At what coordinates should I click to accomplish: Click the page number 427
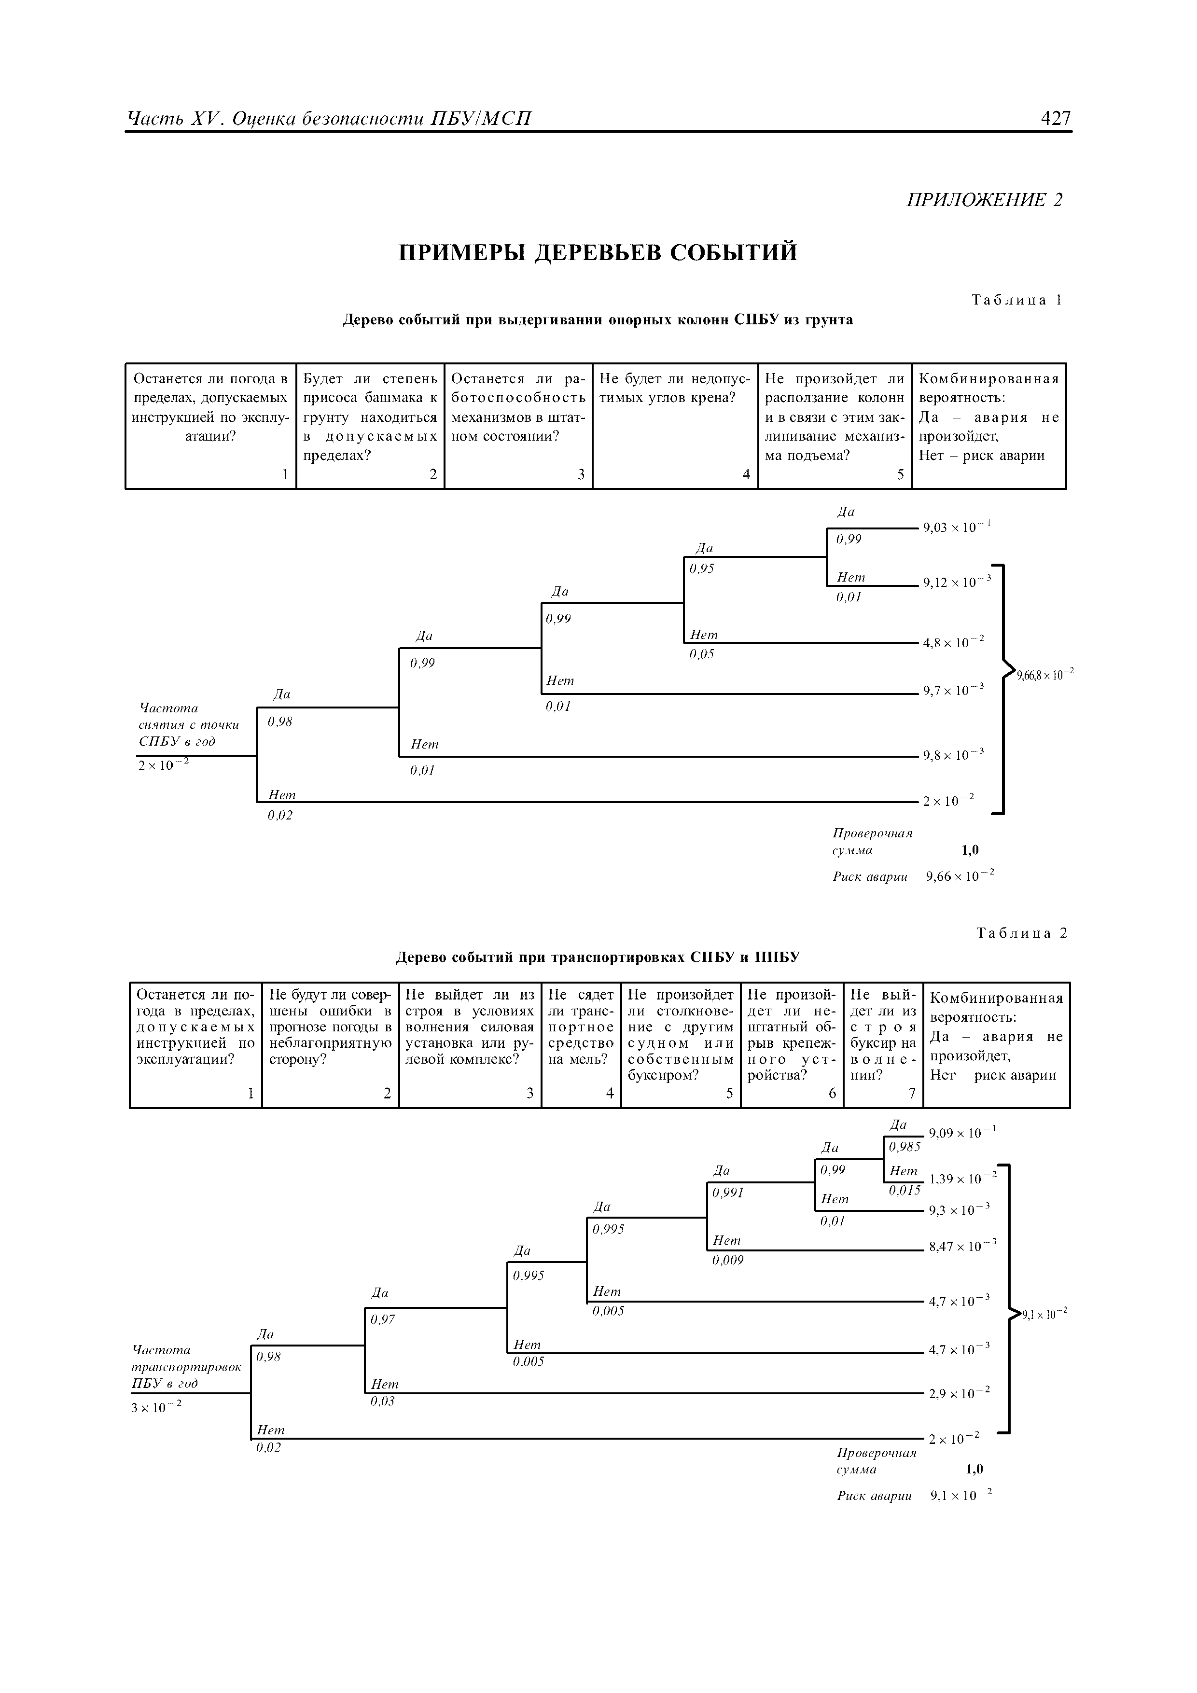point(1056,118)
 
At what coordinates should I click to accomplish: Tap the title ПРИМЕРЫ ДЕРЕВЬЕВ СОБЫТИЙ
point(598,253)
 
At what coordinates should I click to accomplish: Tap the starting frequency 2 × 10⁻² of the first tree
point(164,765)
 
